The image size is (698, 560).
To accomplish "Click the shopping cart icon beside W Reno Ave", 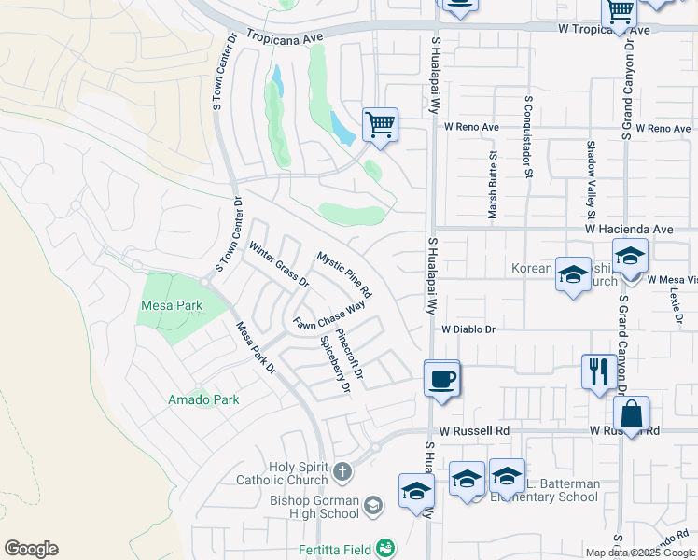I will tap(380, 124).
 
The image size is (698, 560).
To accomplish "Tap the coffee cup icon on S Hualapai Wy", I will tap(442, 380).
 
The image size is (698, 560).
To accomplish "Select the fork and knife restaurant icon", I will tap(597, 371).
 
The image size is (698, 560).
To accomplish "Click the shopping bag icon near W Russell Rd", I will tap(631, 413).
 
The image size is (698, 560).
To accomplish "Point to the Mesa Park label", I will tap(172, 305).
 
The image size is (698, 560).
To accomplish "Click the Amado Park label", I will tap(203, 399).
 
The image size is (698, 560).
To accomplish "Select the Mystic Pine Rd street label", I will tap(343, 274).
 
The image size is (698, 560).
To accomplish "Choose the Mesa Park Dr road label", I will tap(256, 348).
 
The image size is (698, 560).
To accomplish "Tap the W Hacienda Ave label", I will tap(629, 229).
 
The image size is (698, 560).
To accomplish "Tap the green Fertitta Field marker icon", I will tap(386, 547).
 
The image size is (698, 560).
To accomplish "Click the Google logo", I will tap(31, 549).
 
